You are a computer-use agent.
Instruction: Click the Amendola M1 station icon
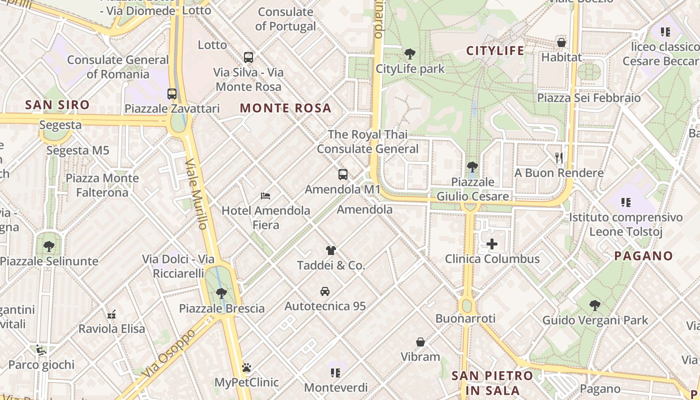343,174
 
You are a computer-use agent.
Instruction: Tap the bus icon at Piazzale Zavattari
172,93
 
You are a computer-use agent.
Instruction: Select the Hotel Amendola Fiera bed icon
265,195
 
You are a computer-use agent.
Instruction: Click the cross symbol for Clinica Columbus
492,244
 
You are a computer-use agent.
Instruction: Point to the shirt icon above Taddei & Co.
330,250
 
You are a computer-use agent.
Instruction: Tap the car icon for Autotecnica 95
325,291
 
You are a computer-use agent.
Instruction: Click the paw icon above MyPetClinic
246,367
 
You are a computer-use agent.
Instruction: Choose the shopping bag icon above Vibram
420,342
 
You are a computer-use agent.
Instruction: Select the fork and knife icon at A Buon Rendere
559,158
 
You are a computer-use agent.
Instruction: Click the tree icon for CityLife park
409,53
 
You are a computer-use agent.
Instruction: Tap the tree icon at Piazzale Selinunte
48,246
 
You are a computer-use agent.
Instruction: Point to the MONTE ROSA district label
285,108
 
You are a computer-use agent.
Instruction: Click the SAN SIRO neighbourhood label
57,105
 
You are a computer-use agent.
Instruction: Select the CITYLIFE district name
495,50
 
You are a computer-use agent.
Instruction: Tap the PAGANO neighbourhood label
643,256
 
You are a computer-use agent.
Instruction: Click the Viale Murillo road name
196,194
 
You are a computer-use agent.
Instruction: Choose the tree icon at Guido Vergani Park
594,305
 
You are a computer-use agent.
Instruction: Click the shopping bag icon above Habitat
561,42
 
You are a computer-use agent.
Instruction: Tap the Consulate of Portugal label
285,19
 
